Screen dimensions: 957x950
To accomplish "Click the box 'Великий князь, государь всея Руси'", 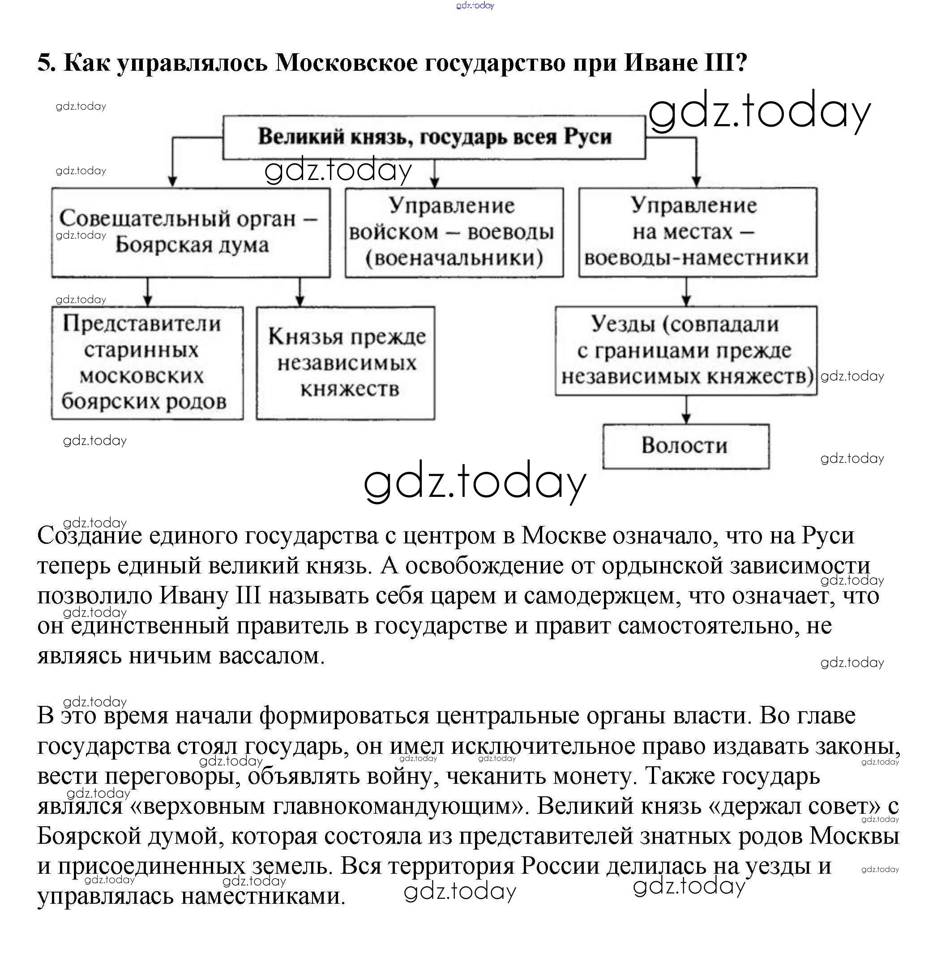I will coord(434,137).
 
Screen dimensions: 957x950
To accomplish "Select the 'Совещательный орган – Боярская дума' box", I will coord(191,232).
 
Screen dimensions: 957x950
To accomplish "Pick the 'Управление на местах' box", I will coord(698,232).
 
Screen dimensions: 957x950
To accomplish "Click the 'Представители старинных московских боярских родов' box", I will coord(147,363).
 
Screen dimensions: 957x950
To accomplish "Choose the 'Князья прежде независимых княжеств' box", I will coord(345,363).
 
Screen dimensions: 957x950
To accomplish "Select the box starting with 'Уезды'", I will coord(685,350).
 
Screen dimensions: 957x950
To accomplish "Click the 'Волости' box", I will coord(685,446).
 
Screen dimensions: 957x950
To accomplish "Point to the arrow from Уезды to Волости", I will coord(686,410).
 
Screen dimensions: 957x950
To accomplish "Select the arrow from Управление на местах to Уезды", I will coord(686,293).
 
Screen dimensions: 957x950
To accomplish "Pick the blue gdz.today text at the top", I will coord(475,5).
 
